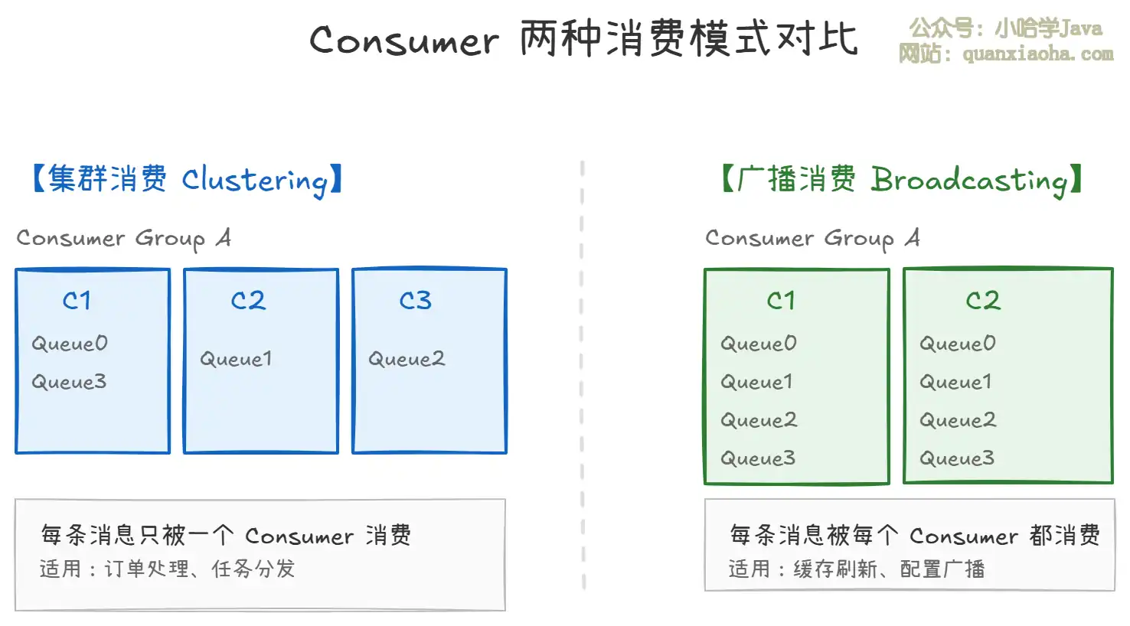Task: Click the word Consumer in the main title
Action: (403, 40)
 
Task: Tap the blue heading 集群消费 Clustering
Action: (187, 180)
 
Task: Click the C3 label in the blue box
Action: (415, 300)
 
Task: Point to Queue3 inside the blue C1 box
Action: (69, 381)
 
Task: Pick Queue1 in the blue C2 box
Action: (236, 358)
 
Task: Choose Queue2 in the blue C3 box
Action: (406, 358)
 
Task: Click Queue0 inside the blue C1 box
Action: (70, 343)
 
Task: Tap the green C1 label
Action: (781, 300)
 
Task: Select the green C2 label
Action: (983, 300)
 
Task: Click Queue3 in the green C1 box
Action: (758, 458)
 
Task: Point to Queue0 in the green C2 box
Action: (958, 343)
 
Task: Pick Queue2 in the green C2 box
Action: (958, 419)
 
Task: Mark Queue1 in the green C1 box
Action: (756, 381)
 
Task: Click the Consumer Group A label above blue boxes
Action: (123, 238)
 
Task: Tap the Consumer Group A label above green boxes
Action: (812, 238)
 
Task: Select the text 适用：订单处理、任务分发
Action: (167, 569)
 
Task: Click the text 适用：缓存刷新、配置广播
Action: (856, 569)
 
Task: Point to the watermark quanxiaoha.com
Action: (1037, 54)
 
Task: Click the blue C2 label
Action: (248, 300)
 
